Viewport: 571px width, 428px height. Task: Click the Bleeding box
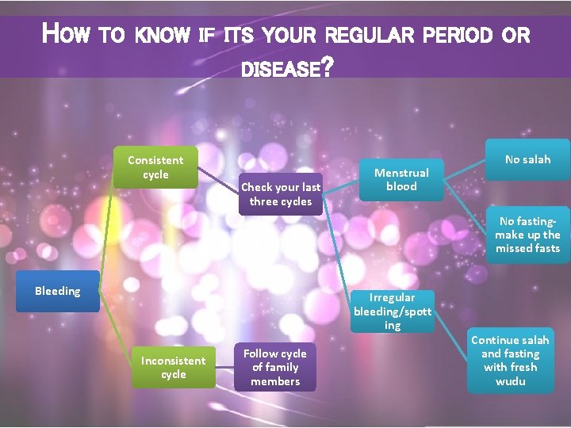[x=57, y=291]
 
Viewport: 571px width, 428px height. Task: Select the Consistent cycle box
[x=155, y=167]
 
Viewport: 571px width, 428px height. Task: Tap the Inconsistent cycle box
[x=173, y=367]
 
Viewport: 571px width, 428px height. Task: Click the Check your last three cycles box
[x=281, y=194]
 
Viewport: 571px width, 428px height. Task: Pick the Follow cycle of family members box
[x=275, y=367]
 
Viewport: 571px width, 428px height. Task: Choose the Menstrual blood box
[x=401, y=179]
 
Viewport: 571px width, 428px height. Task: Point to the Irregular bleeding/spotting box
[x=393, y=311]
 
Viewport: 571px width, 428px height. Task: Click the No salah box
[x=527, y=159]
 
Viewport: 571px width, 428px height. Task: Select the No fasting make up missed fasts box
[x=527, y=235]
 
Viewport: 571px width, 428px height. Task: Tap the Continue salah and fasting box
[x=510, y=361]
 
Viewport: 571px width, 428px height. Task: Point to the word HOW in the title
[x=69, y=35]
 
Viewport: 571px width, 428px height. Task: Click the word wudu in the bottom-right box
[x=510, y=381]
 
